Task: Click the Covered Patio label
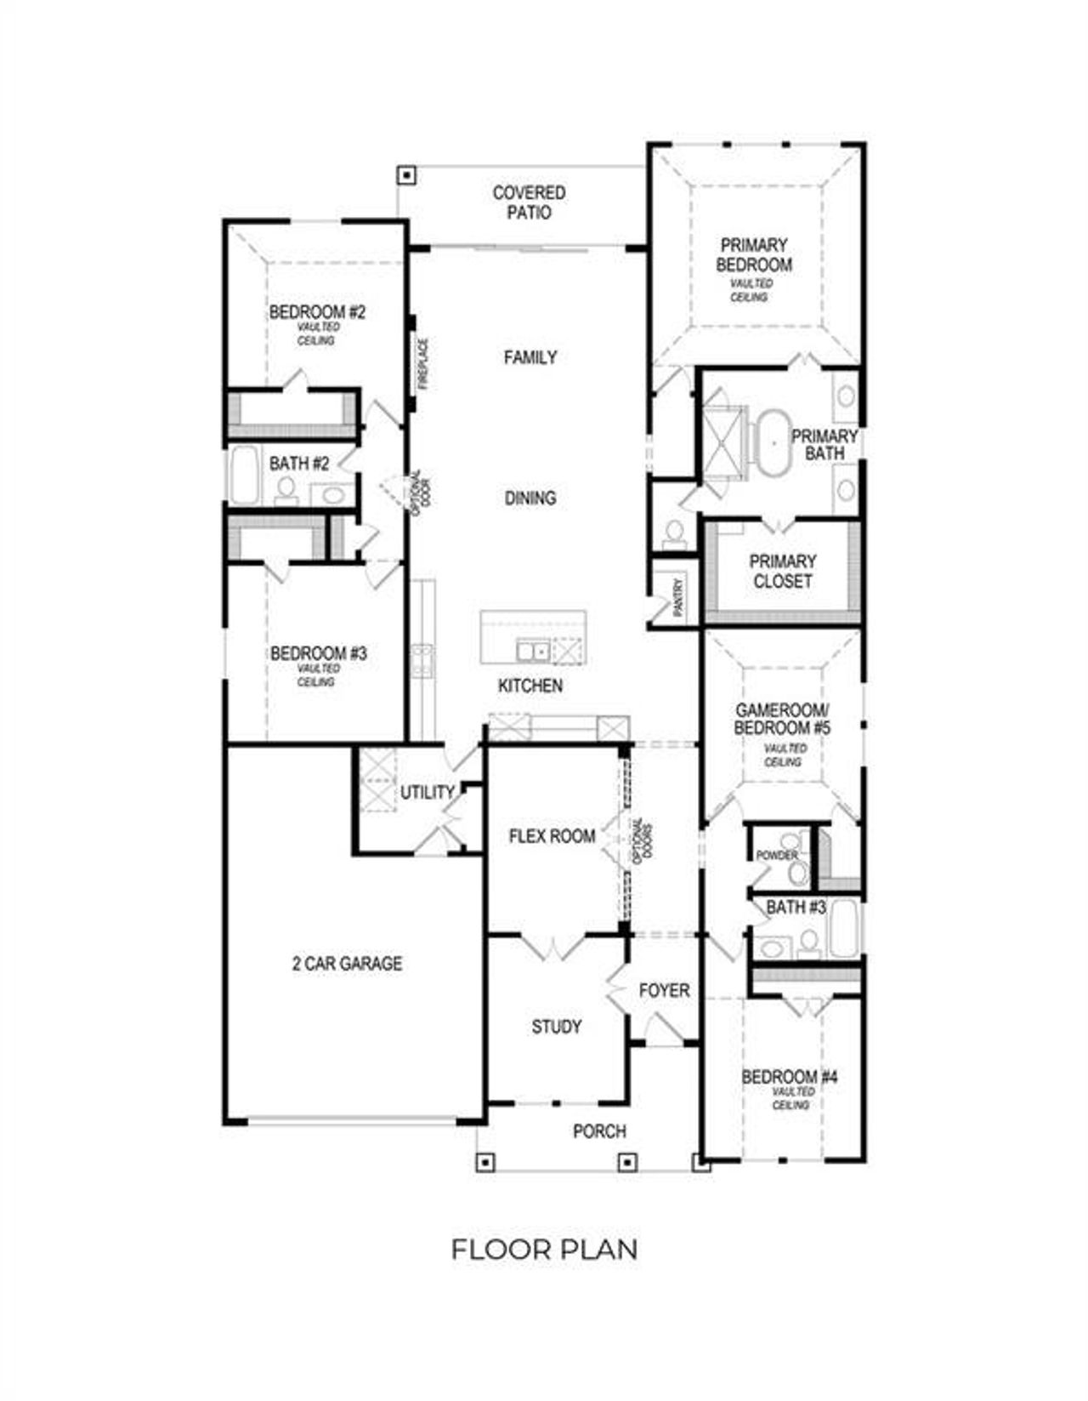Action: (529, 203)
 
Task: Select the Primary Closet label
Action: (782, 572)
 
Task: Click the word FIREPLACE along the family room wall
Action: (422, 364)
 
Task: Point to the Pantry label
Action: (678, 597)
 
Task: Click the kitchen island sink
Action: (533, 652)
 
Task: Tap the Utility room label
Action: (428, 793)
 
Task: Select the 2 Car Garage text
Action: (347, 964)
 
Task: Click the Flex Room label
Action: (552, 836)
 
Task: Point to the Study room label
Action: (557, 1027)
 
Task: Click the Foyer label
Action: (664, 991)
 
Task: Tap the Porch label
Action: (599, 1131)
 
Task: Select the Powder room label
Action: (776, 856)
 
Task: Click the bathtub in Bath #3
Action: (845, 929)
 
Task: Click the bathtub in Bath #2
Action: (244, 476)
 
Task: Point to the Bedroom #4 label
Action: (790, 1078)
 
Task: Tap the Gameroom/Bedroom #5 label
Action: (783, 720)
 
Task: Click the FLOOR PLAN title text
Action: (544, 1250)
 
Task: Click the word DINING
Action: (530, 498)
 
